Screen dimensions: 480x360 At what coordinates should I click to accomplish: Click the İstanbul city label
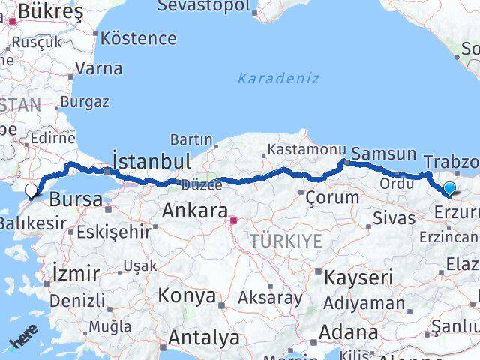point(150,161)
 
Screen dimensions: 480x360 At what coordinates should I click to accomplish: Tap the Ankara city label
point(194,212)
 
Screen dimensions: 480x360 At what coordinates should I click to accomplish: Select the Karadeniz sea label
point(278,78)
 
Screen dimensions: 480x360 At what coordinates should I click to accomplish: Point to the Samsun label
point(383,154)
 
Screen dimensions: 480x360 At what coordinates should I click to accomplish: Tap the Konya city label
point(186,295)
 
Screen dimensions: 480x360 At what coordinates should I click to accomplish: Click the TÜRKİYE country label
point(286,241)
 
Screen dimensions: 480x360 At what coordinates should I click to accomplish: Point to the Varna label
point(98,68)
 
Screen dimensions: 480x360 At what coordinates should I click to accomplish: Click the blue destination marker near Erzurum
point(449,189)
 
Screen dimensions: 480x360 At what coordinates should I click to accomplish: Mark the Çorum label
point(326,196)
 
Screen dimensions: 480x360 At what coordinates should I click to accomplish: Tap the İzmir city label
point(76,271)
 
